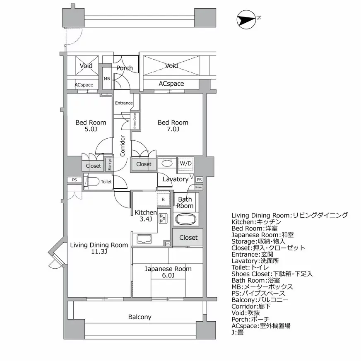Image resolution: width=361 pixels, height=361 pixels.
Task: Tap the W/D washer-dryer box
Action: (x=185, y=163)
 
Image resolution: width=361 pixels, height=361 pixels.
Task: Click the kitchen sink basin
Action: (x=143, y=239)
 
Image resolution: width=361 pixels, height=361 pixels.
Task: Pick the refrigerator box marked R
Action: (x=164, y=199)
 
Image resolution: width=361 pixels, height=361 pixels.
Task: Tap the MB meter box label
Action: (x=107, y=79)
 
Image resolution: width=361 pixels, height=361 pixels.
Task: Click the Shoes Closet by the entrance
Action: (x=135, y=120)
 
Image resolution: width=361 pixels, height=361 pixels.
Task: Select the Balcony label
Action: (x=140, y=317)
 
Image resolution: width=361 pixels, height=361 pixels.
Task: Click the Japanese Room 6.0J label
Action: (x=168, y=272)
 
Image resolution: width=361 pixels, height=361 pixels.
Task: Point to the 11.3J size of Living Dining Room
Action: (x=99, y=251)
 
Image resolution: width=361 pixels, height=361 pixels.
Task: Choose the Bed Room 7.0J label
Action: (x=173, y=126)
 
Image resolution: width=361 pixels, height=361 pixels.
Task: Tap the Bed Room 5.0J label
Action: (x=91, y=126)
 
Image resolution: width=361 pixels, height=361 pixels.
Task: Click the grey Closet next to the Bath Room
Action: (x=188, y=238)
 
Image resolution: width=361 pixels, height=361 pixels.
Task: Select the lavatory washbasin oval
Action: (x=167, y=163)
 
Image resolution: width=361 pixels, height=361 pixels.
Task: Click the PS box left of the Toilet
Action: (x=74, y=180)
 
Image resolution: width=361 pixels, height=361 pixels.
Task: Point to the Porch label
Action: (x=125, y=68)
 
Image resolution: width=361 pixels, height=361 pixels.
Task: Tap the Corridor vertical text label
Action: (x=123, y=146)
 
